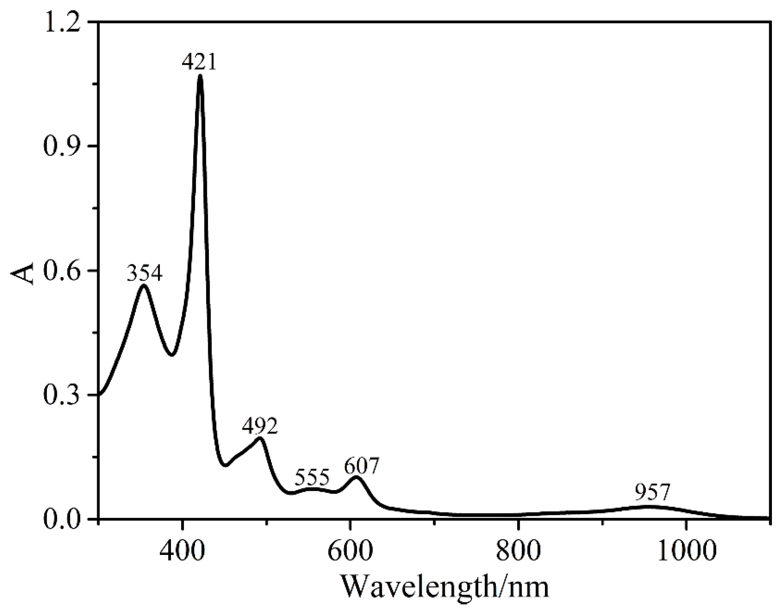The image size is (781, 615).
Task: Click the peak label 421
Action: click(x=199, y=62)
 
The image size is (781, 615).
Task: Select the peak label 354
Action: click(x=145, y=273)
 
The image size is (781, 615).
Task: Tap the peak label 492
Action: click(x=260, y=426)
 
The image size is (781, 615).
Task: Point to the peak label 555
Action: click(x=312, y=478)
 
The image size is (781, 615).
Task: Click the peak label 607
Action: click(x=361, y=466)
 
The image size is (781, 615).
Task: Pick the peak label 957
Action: click(x=653, y=493)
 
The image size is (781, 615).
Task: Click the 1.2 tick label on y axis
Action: click(x=64, y=23)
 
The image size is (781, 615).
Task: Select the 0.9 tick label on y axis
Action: click(x=64, y=147)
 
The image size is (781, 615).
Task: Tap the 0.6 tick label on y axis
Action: click(x=64, y=271)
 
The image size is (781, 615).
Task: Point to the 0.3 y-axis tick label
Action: click(x=64, y=395)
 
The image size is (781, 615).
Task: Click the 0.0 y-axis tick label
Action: click(x=64, y=519)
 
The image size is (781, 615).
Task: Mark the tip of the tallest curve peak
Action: click(x=200, y=76)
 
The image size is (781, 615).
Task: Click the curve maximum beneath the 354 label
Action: click(x=144, y=285)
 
